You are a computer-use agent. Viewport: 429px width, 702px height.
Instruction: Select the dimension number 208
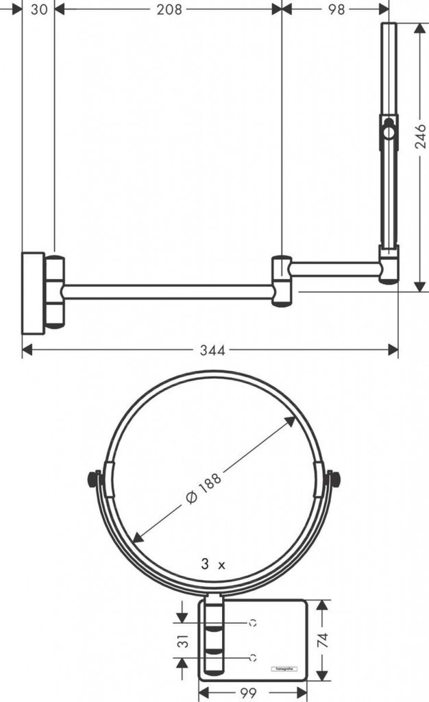(168, 9)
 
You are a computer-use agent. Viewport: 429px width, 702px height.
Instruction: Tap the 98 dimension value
(335, 9)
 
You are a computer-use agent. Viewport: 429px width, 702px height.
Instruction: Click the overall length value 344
(212, 350)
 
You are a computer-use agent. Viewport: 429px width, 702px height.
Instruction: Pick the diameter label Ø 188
(204, 489)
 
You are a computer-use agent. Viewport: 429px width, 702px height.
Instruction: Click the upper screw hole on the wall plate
(253, 622)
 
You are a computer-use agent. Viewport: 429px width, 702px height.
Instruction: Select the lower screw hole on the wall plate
(253, 656)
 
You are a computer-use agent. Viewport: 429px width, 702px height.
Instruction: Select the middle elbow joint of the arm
(282, 280)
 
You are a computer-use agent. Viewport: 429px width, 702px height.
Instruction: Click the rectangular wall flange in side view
(33, 293)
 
